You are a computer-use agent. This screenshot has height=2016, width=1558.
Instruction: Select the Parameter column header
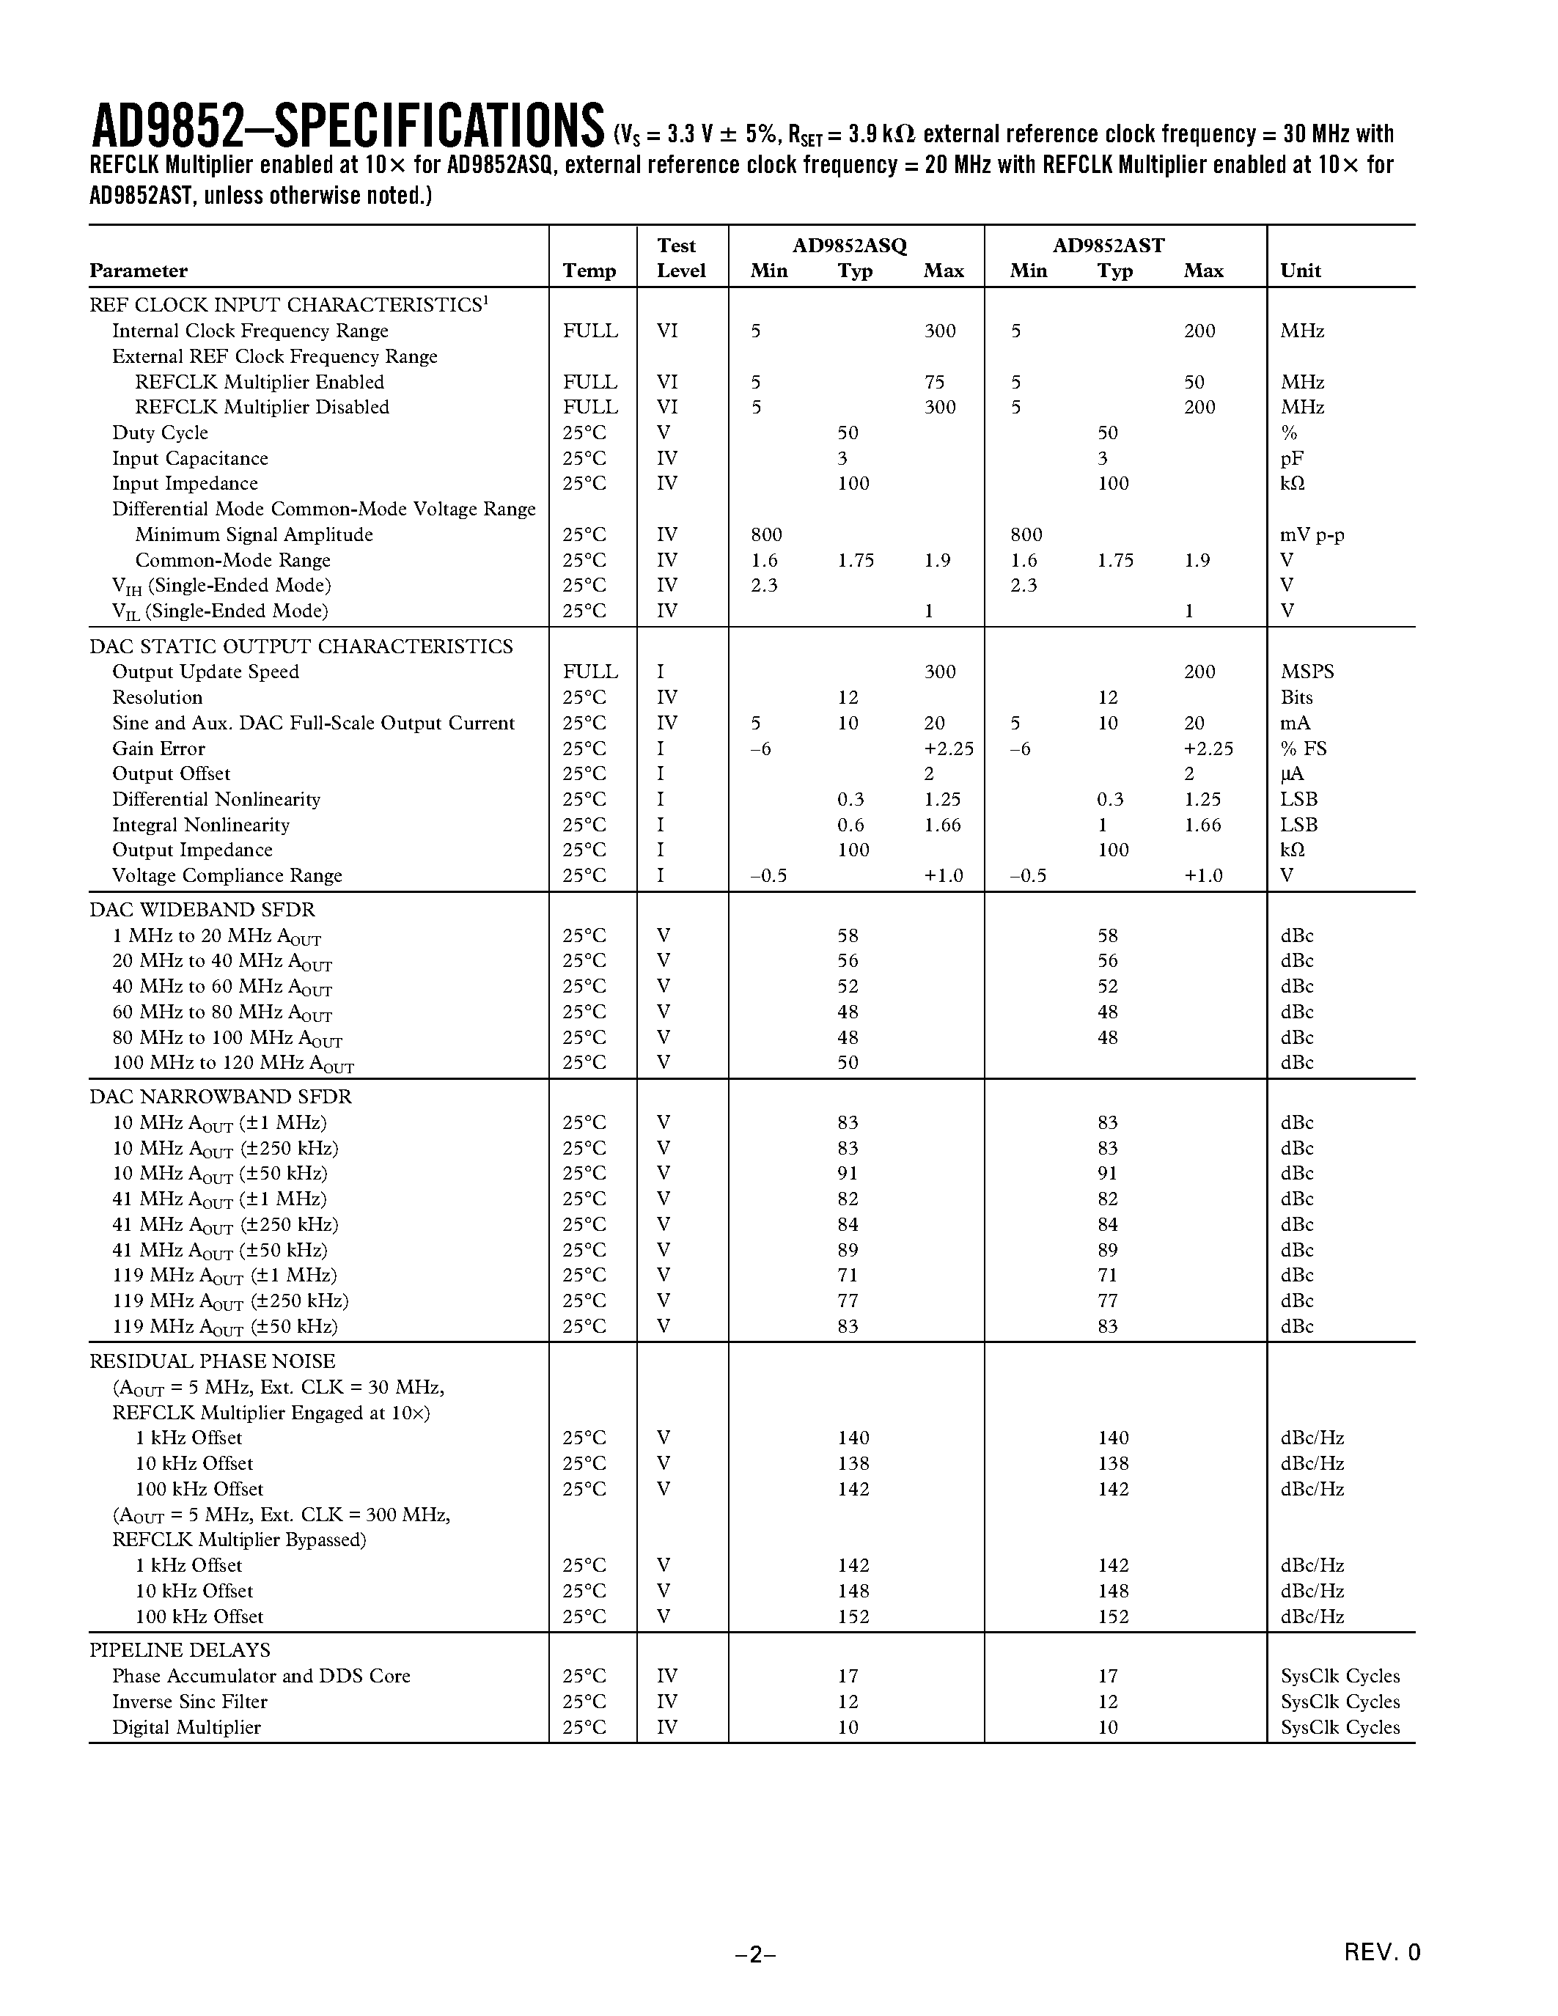139,271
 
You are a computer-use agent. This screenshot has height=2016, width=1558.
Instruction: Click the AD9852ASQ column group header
849,246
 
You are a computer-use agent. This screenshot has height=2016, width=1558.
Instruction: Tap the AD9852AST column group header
1109,246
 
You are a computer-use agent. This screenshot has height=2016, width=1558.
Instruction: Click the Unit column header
1301,271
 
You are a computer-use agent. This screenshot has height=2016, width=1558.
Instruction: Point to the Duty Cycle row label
160,433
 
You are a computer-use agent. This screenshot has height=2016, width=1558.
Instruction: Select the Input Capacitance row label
190,459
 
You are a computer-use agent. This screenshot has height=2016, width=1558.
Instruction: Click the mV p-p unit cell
1312,535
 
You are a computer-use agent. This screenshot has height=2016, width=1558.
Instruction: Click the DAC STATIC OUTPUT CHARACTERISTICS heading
301,646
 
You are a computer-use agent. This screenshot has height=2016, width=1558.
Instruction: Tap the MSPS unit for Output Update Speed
1307,672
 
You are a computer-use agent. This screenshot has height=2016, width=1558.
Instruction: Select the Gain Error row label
159,748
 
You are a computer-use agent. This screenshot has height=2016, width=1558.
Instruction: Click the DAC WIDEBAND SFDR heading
202,910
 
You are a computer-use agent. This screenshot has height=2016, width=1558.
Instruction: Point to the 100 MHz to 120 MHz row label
232,1064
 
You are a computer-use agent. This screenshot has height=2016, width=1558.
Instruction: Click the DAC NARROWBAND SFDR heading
221,1097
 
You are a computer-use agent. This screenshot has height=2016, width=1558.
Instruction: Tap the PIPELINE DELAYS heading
180,1649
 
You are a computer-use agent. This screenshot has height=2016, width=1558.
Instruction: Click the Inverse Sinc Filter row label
190,1702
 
